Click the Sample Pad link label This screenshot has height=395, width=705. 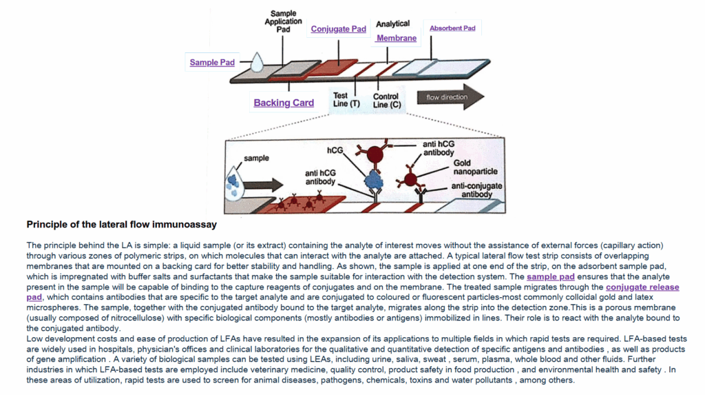coord(212,63)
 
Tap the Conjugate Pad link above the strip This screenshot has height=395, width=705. coord(338,29)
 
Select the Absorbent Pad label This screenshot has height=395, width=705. coord(452,28)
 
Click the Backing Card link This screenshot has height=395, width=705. coord(284,103)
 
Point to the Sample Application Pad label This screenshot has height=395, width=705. coord(284,21)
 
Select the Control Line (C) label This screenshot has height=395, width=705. coord(386,101)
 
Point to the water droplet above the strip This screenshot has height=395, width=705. coord(257,63)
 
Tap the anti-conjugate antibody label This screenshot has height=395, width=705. coord(476,190)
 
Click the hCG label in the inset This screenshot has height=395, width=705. coord(335,150)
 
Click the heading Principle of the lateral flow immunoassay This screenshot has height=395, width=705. coord(122,224)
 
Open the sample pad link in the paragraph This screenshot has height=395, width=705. coord(550,277)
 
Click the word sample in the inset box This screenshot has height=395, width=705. coord(256,158)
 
